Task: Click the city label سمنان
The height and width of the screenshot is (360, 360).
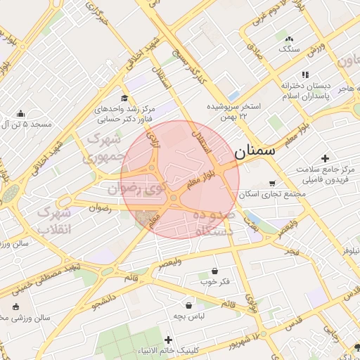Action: click(x=255, y=150)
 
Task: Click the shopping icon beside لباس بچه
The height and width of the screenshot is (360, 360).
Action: click(x=189, y=305)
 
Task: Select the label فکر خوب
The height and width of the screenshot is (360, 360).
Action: click(x=215, y=282)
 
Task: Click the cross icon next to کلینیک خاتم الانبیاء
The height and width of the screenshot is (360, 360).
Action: click(x=167, y=340)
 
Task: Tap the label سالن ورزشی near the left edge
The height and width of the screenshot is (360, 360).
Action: click(x=25, y=318)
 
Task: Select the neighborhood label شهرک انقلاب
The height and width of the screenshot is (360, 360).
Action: click(x=55, y=220)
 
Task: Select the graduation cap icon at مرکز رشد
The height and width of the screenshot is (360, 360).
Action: click(x=124, y=98)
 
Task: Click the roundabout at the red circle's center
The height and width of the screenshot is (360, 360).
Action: click(x=173, y=198)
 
